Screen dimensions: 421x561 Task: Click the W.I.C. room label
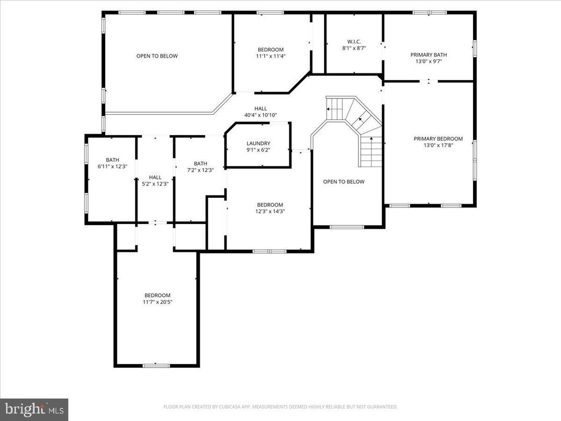354,41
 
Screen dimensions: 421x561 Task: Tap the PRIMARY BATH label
429,54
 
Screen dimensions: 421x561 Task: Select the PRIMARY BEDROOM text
438,139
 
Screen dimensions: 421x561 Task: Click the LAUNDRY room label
258,143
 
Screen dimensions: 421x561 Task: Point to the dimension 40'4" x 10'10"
260,115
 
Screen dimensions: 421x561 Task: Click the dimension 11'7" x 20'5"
157,302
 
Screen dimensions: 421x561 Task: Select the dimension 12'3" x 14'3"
270,212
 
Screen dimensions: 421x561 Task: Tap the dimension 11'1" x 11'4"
271,56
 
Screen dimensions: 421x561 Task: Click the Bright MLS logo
34,409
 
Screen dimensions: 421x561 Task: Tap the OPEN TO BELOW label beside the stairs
343,182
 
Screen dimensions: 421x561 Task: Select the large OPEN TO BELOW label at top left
157,56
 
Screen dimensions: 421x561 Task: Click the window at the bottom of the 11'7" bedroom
156,365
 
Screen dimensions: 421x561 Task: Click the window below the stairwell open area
346,227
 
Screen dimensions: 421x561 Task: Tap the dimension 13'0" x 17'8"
438,146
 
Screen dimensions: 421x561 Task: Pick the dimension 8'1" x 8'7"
354,48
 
